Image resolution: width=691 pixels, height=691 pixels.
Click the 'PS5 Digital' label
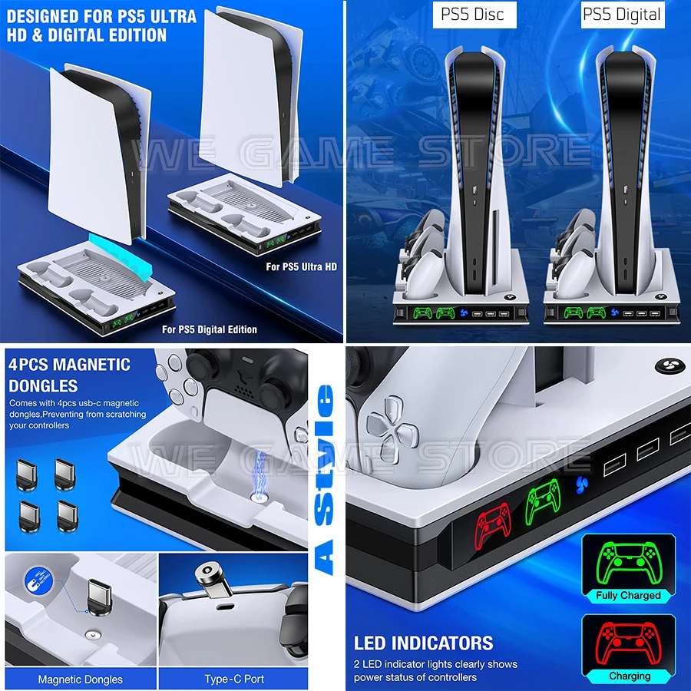click(x=621, y=15)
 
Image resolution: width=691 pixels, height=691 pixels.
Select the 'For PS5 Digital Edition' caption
click(x=210, y=329)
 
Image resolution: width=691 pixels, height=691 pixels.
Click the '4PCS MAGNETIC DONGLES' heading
click(x=69, y=375)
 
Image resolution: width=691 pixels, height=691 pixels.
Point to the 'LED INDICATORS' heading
click(x=423, y=643)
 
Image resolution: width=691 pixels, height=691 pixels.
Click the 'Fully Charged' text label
click(x=628, y=595)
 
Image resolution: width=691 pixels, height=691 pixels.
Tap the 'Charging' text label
click(x=629, y=676)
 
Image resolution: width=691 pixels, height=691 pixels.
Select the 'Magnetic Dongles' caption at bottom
click(x=80, y=679)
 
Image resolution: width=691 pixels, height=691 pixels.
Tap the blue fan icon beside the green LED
click(x=582, y=485)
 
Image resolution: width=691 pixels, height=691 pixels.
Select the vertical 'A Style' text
click(x=326, y=480)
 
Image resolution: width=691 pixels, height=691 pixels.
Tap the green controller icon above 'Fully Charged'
click(x=628, y=561)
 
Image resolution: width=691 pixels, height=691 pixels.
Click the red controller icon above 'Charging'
click(x=628, y=642)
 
